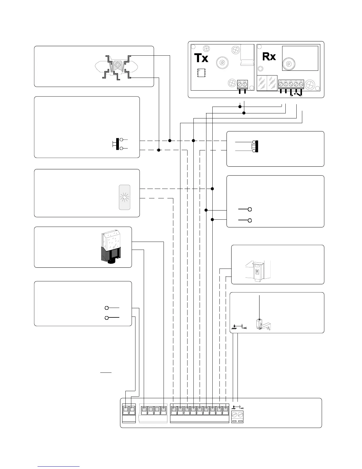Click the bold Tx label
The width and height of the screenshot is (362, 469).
[201, 58]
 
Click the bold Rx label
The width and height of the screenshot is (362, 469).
[269, 56]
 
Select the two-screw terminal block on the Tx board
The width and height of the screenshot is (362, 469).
[242, 84]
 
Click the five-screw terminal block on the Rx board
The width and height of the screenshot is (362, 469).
[291, 84]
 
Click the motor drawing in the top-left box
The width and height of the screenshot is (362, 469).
[117, 67]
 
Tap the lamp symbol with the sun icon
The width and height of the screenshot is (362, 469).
[125, 197]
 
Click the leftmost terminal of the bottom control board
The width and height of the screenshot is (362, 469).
[125, 411]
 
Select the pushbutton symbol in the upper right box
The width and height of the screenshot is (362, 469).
[256, 146]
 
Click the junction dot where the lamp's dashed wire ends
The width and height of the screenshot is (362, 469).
[212, 189]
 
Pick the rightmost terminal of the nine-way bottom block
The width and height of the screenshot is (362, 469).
[225, 411]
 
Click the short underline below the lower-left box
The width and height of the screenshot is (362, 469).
[106, 372]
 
